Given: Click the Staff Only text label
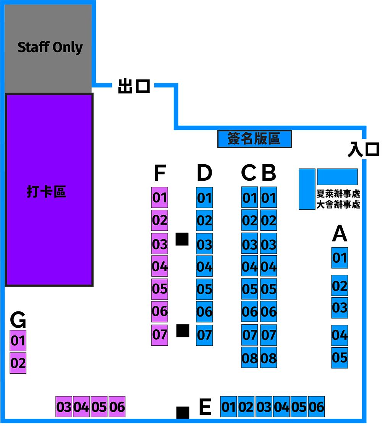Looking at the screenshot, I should [50, 47].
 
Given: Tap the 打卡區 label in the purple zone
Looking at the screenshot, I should [46, 191].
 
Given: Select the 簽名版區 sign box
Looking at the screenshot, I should [254, 139].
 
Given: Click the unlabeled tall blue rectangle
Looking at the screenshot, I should [307, 189].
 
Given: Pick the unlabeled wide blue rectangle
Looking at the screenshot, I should [337, 177].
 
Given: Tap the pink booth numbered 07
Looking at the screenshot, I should [160, 335].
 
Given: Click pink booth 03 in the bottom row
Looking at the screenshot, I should [64, 407].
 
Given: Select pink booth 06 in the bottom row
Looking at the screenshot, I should [117, 407].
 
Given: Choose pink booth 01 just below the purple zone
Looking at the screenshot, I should [18, 340].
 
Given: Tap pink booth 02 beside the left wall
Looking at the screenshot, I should [18, 363].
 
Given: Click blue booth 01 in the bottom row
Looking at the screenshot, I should [229, 407].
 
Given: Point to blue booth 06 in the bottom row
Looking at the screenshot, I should [316, 407].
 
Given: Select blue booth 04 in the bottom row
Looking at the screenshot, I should [282, 407].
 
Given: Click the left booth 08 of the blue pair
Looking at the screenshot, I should [249, 358].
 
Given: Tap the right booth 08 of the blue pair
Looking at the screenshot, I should [269, 358].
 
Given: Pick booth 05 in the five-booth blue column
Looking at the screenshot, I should [340, 358].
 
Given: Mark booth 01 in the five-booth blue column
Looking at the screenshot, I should [340, 258].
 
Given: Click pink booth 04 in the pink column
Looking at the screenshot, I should [160, 266].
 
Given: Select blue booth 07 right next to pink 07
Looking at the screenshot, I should [204, 335].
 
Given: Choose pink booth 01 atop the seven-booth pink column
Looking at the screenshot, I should [160, 198].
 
